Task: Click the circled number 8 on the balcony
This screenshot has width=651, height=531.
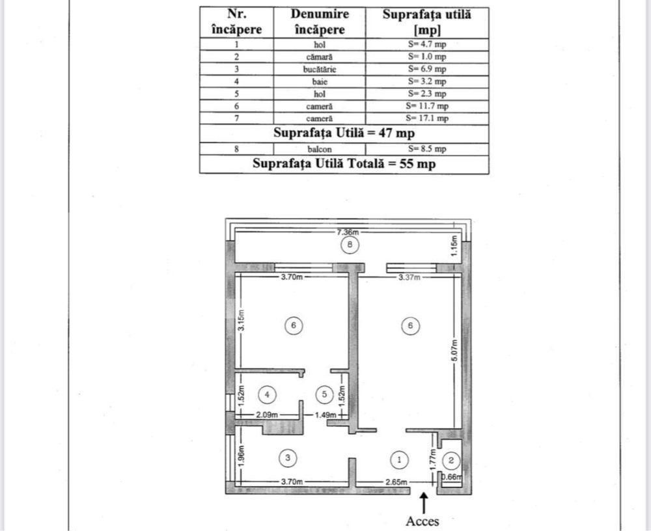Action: click(x=350, y=245)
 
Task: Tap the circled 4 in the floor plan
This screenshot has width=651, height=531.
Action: click(x=267, y=394)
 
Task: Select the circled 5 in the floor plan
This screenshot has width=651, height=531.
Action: click(x=324, y=394)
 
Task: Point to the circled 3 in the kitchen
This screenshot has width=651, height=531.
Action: click(x=288, y=458)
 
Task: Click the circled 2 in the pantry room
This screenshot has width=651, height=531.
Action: click(x=451, y=460)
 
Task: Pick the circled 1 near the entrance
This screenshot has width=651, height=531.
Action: click(x=400, y=459)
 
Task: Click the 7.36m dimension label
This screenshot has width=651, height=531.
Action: click(x=348, y=232)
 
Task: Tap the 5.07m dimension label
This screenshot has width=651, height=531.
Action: click(x=454, y=350)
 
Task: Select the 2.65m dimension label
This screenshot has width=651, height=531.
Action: click(x=396, y=482)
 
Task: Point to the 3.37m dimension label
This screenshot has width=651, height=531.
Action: click(x=409, y=277)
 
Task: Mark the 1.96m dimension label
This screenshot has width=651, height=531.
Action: click(x=242, y=456)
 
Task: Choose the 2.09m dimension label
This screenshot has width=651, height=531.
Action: click(x=267, y=415)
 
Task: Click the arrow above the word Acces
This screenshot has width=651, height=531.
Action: click(x=424, y=503)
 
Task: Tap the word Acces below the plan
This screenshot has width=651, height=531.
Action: click(x=422, y=521)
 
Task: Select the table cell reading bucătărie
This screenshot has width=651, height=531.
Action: click(x=320, y=70)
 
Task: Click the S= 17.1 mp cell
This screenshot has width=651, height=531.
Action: click(x=427, y=118)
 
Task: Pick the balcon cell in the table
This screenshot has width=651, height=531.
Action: click(x=320, y=149)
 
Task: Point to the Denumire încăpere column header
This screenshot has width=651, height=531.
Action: click(x=320, y=22)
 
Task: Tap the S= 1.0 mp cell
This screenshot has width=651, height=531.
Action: click(x=427, y=57)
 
